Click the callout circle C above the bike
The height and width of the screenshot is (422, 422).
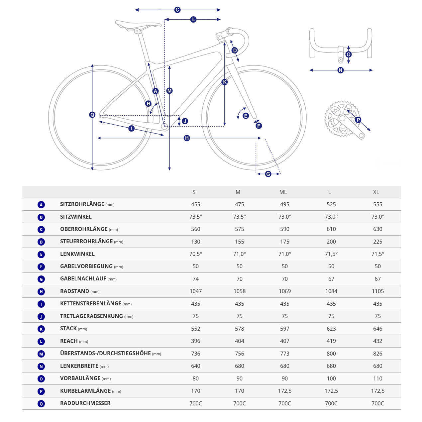coord(177,10)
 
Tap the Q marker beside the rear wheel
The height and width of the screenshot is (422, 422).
coord(92,115)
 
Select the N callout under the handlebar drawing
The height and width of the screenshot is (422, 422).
coord(340,70)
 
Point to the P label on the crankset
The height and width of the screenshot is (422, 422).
coord(358,120)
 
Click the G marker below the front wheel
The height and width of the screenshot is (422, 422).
coord(268,174)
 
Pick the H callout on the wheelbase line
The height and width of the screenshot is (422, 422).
coord(187,138)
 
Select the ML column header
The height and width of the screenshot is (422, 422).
coord(283,192)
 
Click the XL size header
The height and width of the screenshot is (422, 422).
coord(376,192)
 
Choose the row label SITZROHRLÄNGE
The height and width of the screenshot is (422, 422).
coord(82,204)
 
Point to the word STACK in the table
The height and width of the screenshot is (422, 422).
coord(68,329)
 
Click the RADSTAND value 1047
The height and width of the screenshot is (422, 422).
coord(196,291)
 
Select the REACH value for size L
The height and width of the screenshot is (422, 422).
coord(331,341)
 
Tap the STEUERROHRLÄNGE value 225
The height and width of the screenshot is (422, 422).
coord(377,242)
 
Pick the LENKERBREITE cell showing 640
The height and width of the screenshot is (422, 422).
coord(196,366)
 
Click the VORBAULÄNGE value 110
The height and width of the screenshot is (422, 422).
coord(377,378)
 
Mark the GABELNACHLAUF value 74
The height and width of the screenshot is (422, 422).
coord(196,279)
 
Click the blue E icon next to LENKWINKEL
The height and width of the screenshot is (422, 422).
coord(41,255)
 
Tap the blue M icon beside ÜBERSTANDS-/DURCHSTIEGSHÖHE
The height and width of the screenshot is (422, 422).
coord(41,354)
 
